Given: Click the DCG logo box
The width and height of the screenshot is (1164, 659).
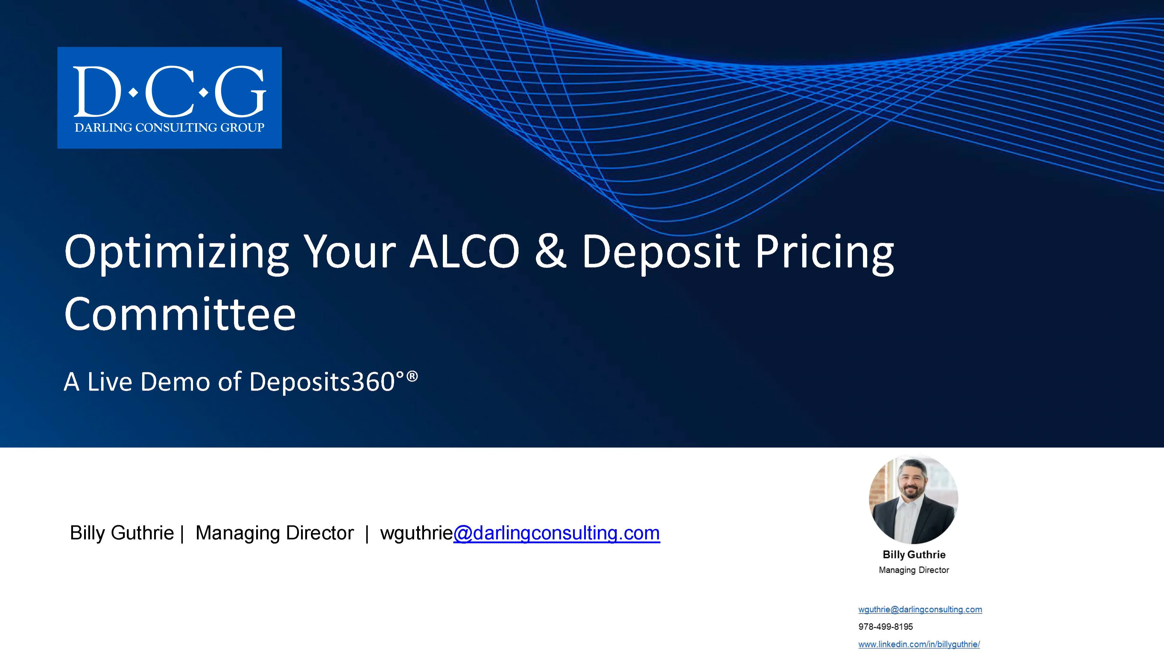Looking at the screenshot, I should click(169, 97).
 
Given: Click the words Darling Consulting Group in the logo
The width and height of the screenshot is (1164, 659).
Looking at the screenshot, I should click(169, 128).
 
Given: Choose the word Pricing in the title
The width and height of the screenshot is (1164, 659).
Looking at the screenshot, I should click(825, 252).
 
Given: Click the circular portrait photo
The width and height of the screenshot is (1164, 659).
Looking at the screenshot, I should click(914, 500).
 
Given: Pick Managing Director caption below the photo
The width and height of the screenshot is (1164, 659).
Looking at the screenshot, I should click(914, 570).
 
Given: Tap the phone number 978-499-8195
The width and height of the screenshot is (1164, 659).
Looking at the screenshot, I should click(885, 627).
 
